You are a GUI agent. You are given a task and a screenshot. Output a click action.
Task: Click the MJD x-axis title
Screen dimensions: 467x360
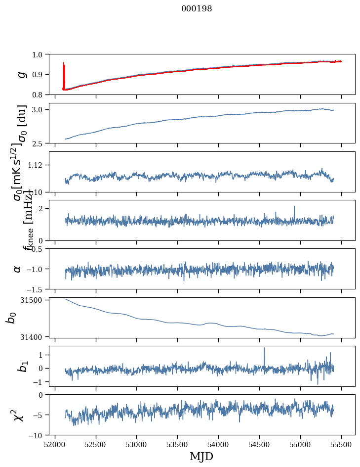point(201,457)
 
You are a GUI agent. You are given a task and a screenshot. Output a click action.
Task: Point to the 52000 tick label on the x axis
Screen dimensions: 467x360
point(55,444)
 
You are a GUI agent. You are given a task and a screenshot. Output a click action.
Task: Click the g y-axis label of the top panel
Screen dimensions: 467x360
point(21,74)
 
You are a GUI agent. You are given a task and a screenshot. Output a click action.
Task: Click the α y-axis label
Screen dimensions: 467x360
point(17,268)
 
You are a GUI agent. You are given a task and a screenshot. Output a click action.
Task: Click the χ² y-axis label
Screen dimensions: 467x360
point(19,415)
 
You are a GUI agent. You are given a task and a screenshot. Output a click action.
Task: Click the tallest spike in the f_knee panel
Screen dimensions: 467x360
point(294,207)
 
